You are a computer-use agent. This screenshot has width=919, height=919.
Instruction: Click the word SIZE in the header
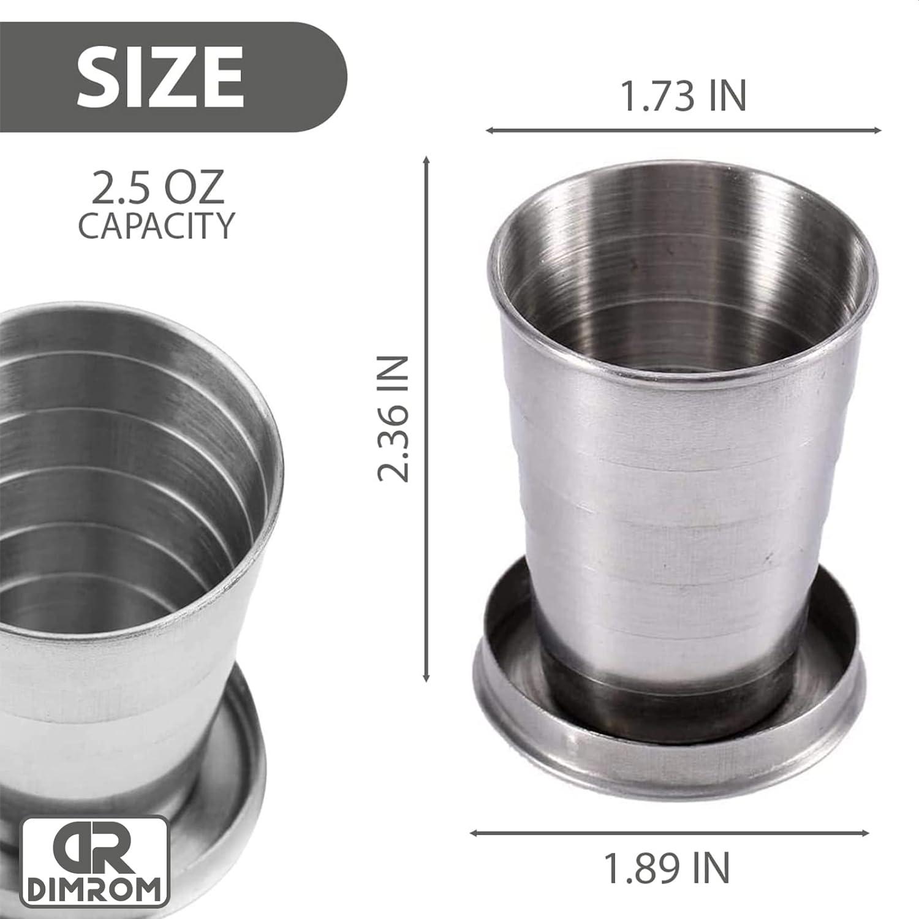(160, 78)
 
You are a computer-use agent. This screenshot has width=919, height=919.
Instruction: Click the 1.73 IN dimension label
(683, 96)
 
